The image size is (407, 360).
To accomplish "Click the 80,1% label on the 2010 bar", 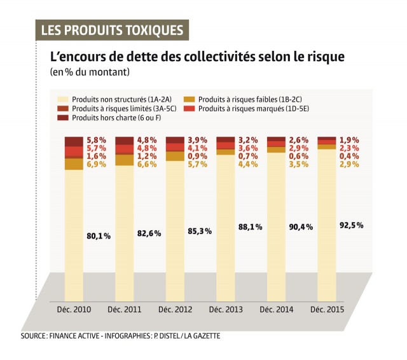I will point(99,236).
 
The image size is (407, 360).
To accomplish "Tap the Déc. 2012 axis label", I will point(174,309).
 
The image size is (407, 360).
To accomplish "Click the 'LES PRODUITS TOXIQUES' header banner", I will point(112,30).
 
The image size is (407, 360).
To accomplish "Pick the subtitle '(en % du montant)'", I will point(90,72).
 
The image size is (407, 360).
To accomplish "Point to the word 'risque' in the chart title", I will point(322,57).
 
